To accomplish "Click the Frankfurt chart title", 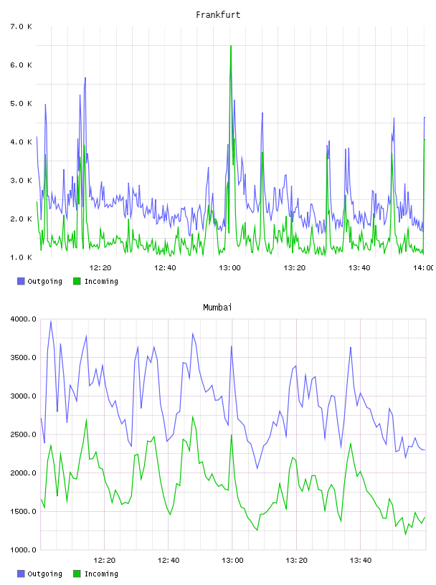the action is [218, 15].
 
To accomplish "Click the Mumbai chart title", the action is [217, 308].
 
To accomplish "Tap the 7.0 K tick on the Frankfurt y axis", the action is [21, 27].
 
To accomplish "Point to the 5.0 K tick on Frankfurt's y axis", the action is [21, 103].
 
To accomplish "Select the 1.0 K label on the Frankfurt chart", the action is [21, 257].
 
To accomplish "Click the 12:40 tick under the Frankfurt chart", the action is [165, 267].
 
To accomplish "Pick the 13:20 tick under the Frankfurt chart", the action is [295, 267].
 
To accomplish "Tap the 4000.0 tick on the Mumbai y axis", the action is [24, 319].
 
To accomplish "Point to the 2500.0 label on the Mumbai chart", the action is [24, 434].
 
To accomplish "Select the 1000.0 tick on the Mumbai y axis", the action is [24, 550].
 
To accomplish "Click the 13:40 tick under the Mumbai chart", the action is [361, 560].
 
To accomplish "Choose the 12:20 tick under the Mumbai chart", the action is [105, 560].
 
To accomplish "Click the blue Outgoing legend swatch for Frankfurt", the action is [21, 281].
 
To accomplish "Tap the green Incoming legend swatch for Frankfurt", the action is [77, 281].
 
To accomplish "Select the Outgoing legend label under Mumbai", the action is [44, 574].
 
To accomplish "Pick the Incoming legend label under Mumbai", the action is [101, 574].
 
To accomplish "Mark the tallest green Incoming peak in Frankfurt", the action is [231, 46].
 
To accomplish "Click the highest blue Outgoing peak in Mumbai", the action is [51, 321].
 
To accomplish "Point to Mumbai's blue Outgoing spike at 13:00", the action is [232, 346].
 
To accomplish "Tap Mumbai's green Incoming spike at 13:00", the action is [232, 435].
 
